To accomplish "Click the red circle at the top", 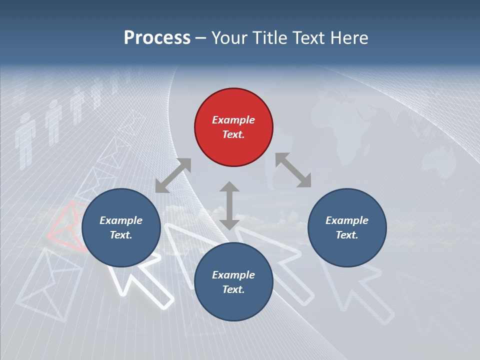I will [233, 127].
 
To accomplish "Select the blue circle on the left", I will [121, 228].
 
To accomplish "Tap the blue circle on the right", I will [347, 228].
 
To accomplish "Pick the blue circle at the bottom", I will [233, 282].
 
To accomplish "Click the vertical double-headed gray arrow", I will [229, 205].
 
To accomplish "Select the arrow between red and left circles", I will [173, 175].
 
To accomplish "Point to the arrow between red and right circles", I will [293, 170].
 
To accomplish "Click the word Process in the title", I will [157, 37].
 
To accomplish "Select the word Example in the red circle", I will [233, 120].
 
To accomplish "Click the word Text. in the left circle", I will [121, 235].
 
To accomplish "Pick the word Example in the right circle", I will [347, 220].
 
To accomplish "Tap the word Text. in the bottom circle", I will [233, 289].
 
